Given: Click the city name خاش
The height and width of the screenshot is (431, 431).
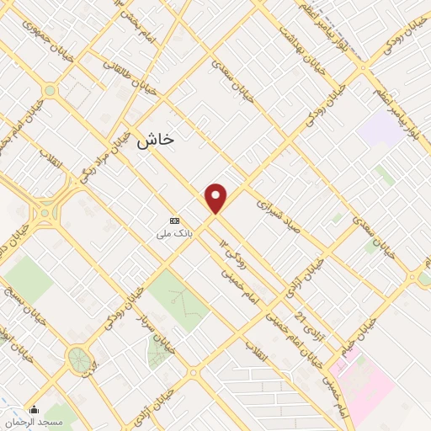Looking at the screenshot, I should (156, 139).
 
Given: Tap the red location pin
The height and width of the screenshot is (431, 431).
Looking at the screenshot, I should (216, 199).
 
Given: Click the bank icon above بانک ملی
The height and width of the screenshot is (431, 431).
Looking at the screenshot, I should (174, 220).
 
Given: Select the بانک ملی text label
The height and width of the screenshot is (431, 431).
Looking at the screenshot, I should (172, 232).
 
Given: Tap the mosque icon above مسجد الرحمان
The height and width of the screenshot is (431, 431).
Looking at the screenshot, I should (33, 410).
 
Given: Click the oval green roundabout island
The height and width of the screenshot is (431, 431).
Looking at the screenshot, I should (80, 360).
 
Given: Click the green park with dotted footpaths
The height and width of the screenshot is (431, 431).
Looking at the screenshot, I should (178, 300).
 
